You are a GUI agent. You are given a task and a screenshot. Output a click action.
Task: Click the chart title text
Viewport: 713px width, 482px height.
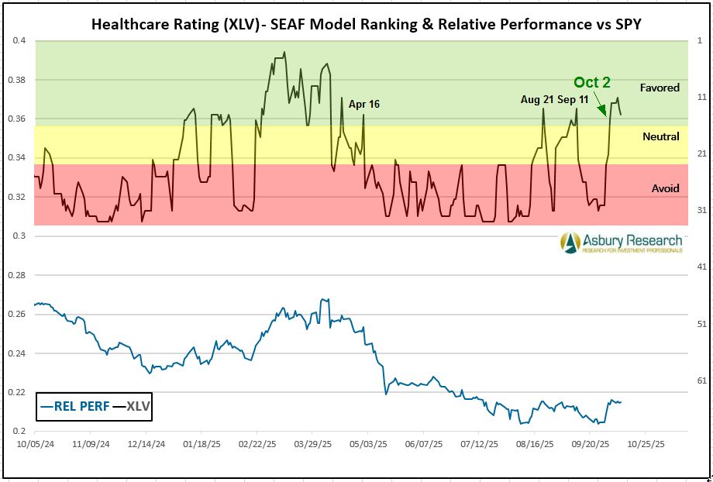(361, 23)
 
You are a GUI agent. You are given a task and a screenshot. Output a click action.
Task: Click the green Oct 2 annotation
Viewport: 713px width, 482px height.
(592, 83)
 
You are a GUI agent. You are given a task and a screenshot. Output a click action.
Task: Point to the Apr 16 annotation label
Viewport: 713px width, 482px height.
(363, 104)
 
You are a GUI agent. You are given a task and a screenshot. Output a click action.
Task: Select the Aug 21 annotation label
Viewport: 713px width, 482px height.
(539, 100)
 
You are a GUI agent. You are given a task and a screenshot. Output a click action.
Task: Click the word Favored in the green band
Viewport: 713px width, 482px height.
(660, 88)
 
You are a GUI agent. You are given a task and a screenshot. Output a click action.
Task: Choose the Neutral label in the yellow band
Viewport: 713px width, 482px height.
(660, 136)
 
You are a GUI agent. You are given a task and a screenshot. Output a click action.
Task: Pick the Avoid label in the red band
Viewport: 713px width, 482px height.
(665, 188)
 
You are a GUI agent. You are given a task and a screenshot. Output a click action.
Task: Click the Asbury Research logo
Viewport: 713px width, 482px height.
(622, 243)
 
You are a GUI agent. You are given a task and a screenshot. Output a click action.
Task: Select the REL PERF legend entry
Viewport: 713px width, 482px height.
(74, 405)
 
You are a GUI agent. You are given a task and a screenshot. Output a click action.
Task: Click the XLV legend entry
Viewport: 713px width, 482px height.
(131, 405)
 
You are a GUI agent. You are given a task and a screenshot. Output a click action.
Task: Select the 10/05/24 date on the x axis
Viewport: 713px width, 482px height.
(36, 446)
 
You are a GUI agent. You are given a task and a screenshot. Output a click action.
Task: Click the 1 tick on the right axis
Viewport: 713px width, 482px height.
(701, 40)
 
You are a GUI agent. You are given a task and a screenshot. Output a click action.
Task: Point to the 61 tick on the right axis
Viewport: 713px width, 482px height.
(703, 380)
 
